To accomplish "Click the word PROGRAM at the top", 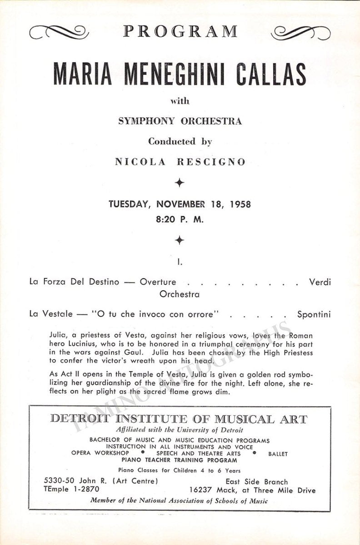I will pyautogui.click(x=180, y=32).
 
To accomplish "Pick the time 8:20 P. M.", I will pyautogui.click(x=180, y=218).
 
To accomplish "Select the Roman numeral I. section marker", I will pyautogui.click(x=180, y=262).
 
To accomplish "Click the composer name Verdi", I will pyautogui.click(x=320, y=282).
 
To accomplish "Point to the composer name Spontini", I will pyautogui.click(x=314, y=314).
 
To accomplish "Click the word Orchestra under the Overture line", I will pyautogui.click(x=180, y=294).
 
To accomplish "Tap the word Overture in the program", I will pyautogui.click(x=158, y=282).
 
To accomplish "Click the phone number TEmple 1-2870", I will pyautogui.click(x=71, y=490).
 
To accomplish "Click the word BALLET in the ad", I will pyautogui.click(x=278, y=453).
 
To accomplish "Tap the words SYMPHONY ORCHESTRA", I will pyautogui.click(x=180, y=121).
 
